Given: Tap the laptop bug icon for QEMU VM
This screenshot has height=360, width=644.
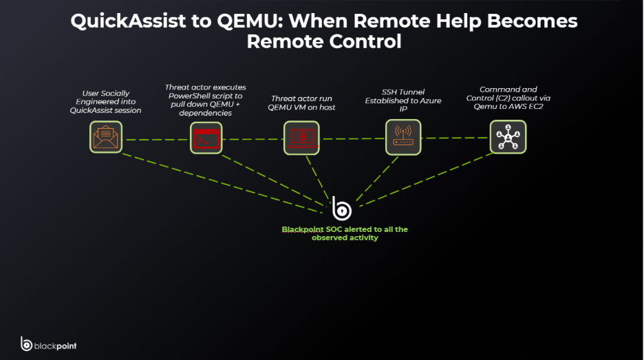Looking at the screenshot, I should click(301, 138).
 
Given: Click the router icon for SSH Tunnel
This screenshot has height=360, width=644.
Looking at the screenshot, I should click(402, 137).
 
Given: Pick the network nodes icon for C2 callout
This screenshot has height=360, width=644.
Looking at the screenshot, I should click(508, 136).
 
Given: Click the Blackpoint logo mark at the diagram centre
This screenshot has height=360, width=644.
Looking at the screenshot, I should click(341, 208).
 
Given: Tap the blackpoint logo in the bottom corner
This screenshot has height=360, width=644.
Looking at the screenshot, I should click(48, 344).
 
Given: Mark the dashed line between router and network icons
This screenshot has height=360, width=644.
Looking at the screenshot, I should click(455, 137).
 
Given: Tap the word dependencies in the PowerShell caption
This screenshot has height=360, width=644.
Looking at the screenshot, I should click(205, 113).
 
